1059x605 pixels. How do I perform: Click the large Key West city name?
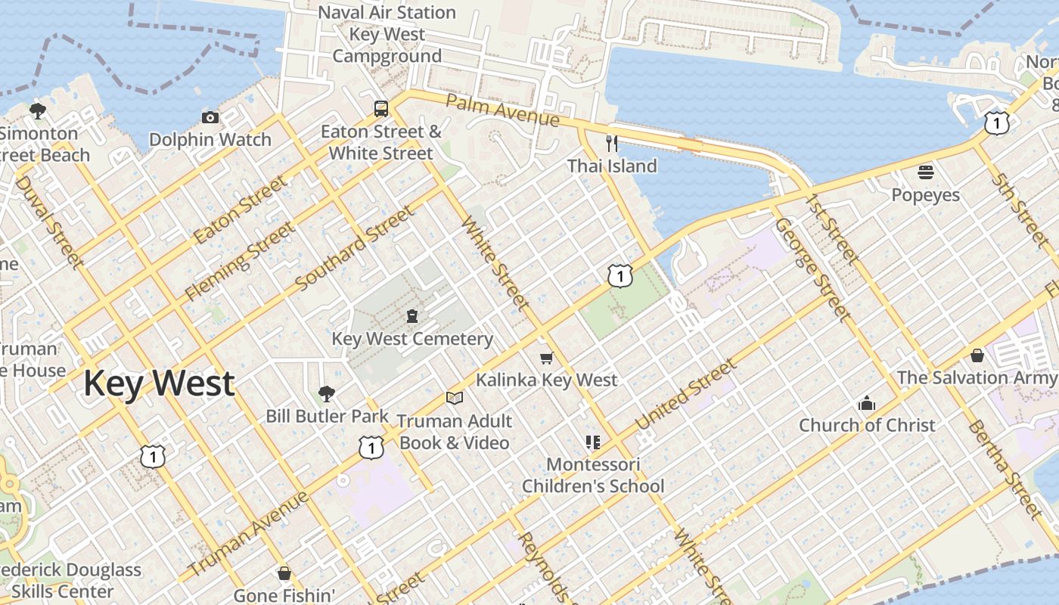(x=159, y=383)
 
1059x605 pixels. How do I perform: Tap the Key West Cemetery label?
(x=412, y=339)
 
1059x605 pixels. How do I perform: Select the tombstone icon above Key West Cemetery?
(x=412, y=316)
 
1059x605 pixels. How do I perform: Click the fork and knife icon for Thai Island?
(x=612, y=143)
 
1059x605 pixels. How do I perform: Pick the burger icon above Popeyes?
(x=926, y=172)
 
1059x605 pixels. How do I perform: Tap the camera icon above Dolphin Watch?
(x=210, y=117)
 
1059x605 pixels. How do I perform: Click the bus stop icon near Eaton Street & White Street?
(x=381, y=108)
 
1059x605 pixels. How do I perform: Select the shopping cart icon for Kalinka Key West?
(x=546, y=357)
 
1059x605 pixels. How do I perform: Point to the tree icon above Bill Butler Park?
(x=327, y=393)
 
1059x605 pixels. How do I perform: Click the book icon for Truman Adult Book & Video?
(x=454, y=398)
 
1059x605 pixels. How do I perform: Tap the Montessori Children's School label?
(x=593, y=475)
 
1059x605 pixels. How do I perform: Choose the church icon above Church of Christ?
(x=867, y=403)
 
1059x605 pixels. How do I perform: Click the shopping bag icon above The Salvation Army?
(x=977, y=355)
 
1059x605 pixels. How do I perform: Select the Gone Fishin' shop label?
(x=284, y=595)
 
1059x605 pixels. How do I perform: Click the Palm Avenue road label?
(x=502, y=110)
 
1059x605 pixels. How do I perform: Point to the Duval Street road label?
(x=47, y=222)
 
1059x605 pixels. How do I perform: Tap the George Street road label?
(x=812, y=269)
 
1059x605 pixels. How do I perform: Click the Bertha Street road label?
(x=1005, y=469)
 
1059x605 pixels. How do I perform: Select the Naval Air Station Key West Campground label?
(x=387, y=34)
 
